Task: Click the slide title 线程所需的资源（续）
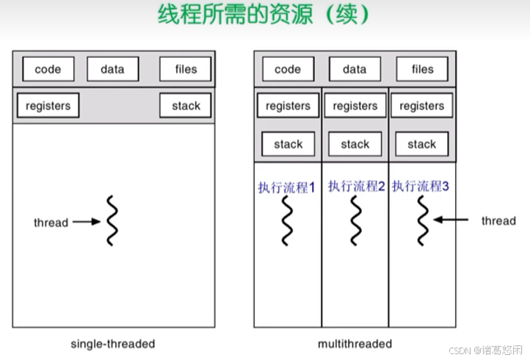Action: [x=264, y=15]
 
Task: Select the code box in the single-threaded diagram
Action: [x=48, y=70]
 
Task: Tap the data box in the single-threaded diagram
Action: [x=112, y=70]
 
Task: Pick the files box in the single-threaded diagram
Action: [x=186, y=70]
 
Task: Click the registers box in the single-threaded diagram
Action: [x=48, y=106]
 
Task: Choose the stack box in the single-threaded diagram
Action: [x=186, y=106]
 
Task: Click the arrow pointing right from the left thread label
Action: [x=87, y=221]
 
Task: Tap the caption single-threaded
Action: [x=112, y=343]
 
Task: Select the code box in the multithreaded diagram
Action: [x=288, y=70]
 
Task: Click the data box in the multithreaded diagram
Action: [x=355, y=70]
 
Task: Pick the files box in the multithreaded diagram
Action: [x=422, y=70]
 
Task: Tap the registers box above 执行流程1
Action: [x=288, y=107]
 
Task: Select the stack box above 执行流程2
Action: [x=355, y=144]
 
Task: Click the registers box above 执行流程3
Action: [x=421, y=107]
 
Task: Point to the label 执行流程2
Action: [x=356, y=187]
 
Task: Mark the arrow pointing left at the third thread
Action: [x=451, y=219]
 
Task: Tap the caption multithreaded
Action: [x=355, y=343]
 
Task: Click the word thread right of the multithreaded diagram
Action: [x=498, y=220]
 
